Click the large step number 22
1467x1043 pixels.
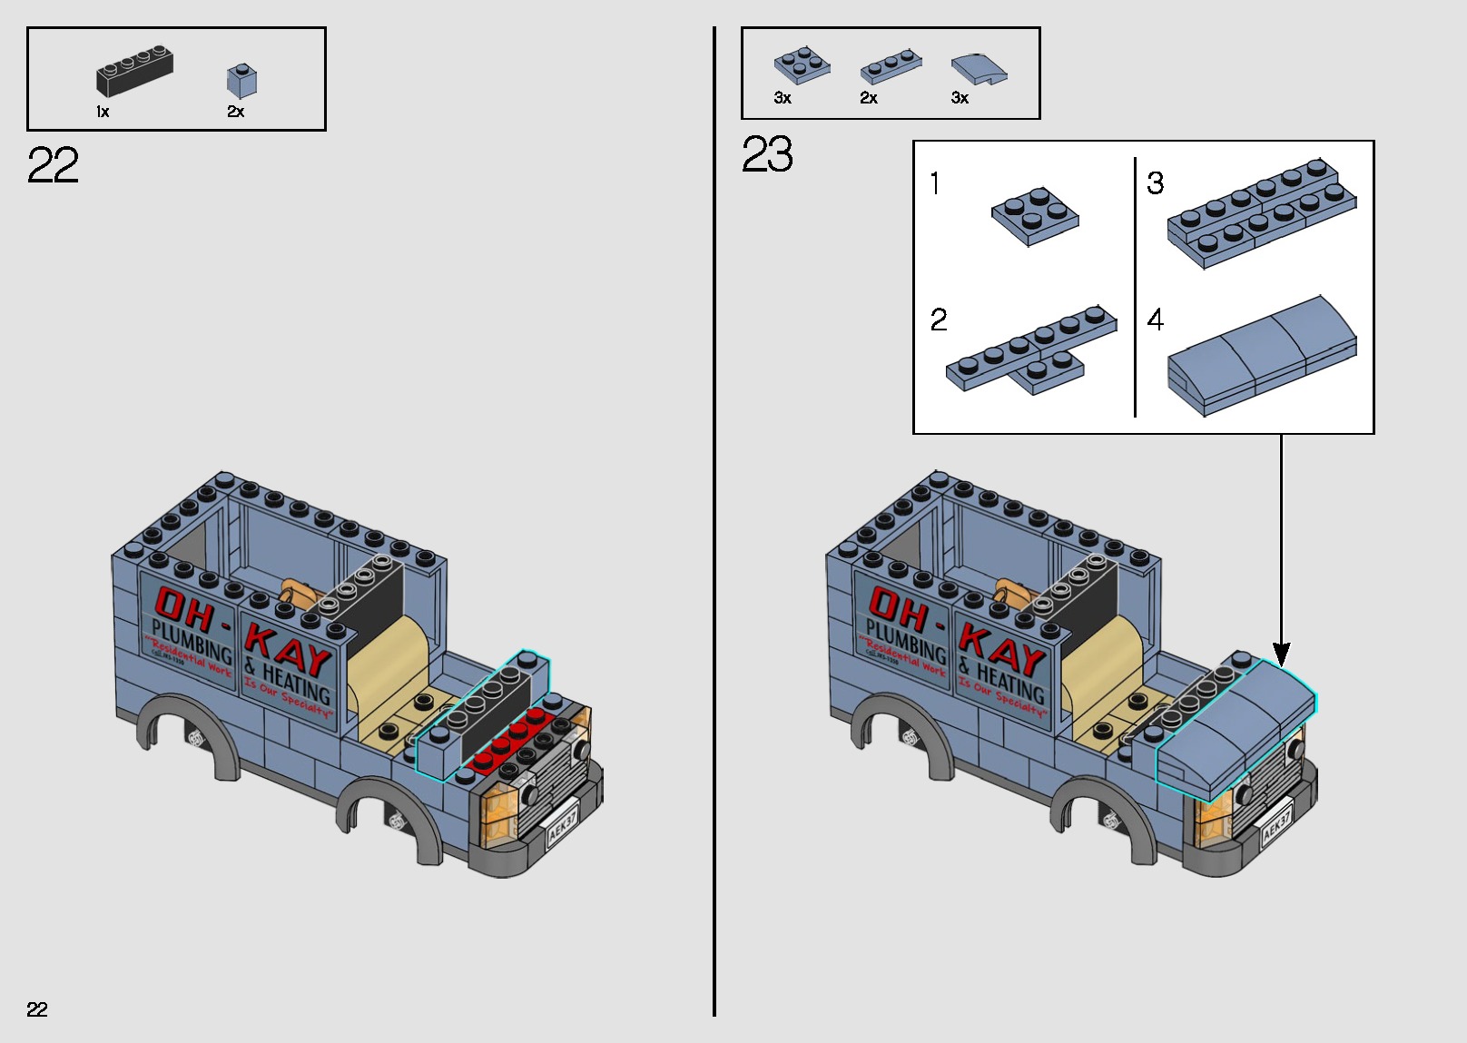(x=53, y=165)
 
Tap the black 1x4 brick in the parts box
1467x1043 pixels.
(x=134, y=72)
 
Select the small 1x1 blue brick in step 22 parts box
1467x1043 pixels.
(x=241, y=81)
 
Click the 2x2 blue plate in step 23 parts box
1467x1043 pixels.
(x=802, y=65)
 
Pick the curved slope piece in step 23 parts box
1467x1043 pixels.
(x=979, y=69)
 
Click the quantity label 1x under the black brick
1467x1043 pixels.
(x=103, y=112)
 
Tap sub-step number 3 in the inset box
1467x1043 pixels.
(x=1155, y=183)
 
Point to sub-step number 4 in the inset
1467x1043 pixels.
(x=1155, y=320)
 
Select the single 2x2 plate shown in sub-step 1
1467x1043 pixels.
(x=1035, y=216)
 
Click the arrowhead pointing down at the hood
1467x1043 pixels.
(x=1281, y=653)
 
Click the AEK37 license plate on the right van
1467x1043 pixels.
(x=1276, y=823)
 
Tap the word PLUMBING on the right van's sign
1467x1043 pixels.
(x=905, y=641)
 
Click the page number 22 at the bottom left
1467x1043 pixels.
(x=37, y=1009)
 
